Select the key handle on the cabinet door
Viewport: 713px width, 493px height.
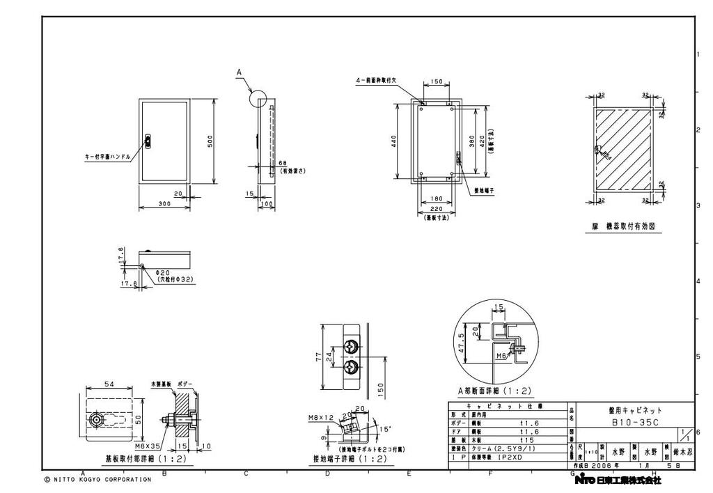(148, 141)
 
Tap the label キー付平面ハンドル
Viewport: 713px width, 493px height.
(107, 157)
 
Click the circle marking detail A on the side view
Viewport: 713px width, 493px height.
(257, 98)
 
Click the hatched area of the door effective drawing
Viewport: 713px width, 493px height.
(623, 150)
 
